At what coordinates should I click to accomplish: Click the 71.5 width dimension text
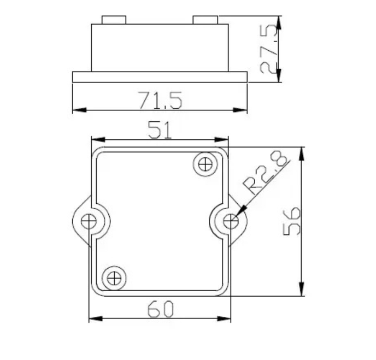160,101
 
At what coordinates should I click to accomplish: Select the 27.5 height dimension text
269,50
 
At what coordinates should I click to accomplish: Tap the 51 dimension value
160,130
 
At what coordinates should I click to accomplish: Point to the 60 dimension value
160,310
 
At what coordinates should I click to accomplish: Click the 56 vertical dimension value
293,221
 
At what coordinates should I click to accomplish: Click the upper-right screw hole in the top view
205,163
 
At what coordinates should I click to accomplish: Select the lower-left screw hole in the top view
114,278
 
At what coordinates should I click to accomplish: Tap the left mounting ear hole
88,221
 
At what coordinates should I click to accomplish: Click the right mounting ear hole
231,221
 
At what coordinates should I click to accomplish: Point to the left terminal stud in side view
114,20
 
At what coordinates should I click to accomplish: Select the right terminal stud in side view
205,20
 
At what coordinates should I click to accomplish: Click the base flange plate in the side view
160,76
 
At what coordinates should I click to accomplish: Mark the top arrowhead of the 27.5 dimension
279,21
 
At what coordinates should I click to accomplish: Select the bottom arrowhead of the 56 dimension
301,291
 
